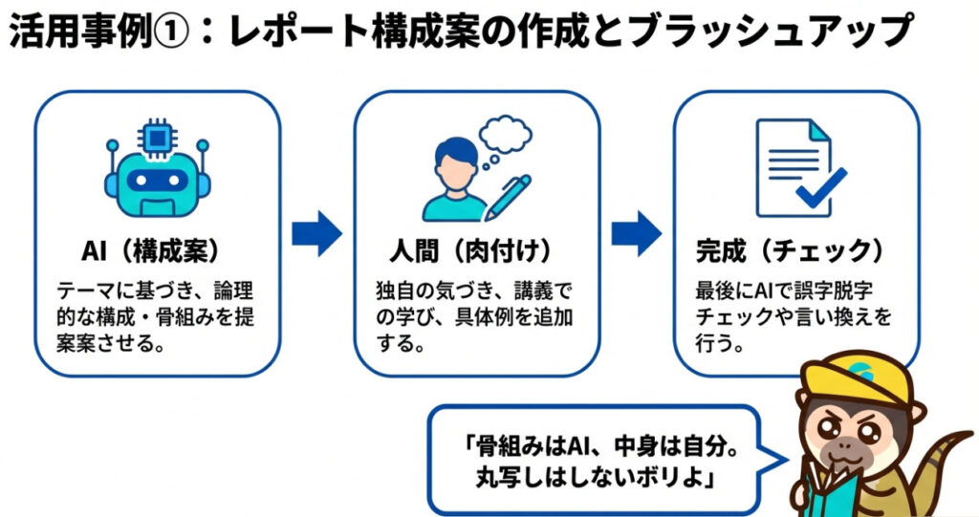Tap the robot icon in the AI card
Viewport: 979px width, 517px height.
point(156,177)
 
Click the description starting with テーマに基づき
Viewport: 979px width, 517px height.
point(156,315)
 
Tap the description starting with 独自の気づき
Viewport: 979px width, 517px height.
point(474,315)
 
